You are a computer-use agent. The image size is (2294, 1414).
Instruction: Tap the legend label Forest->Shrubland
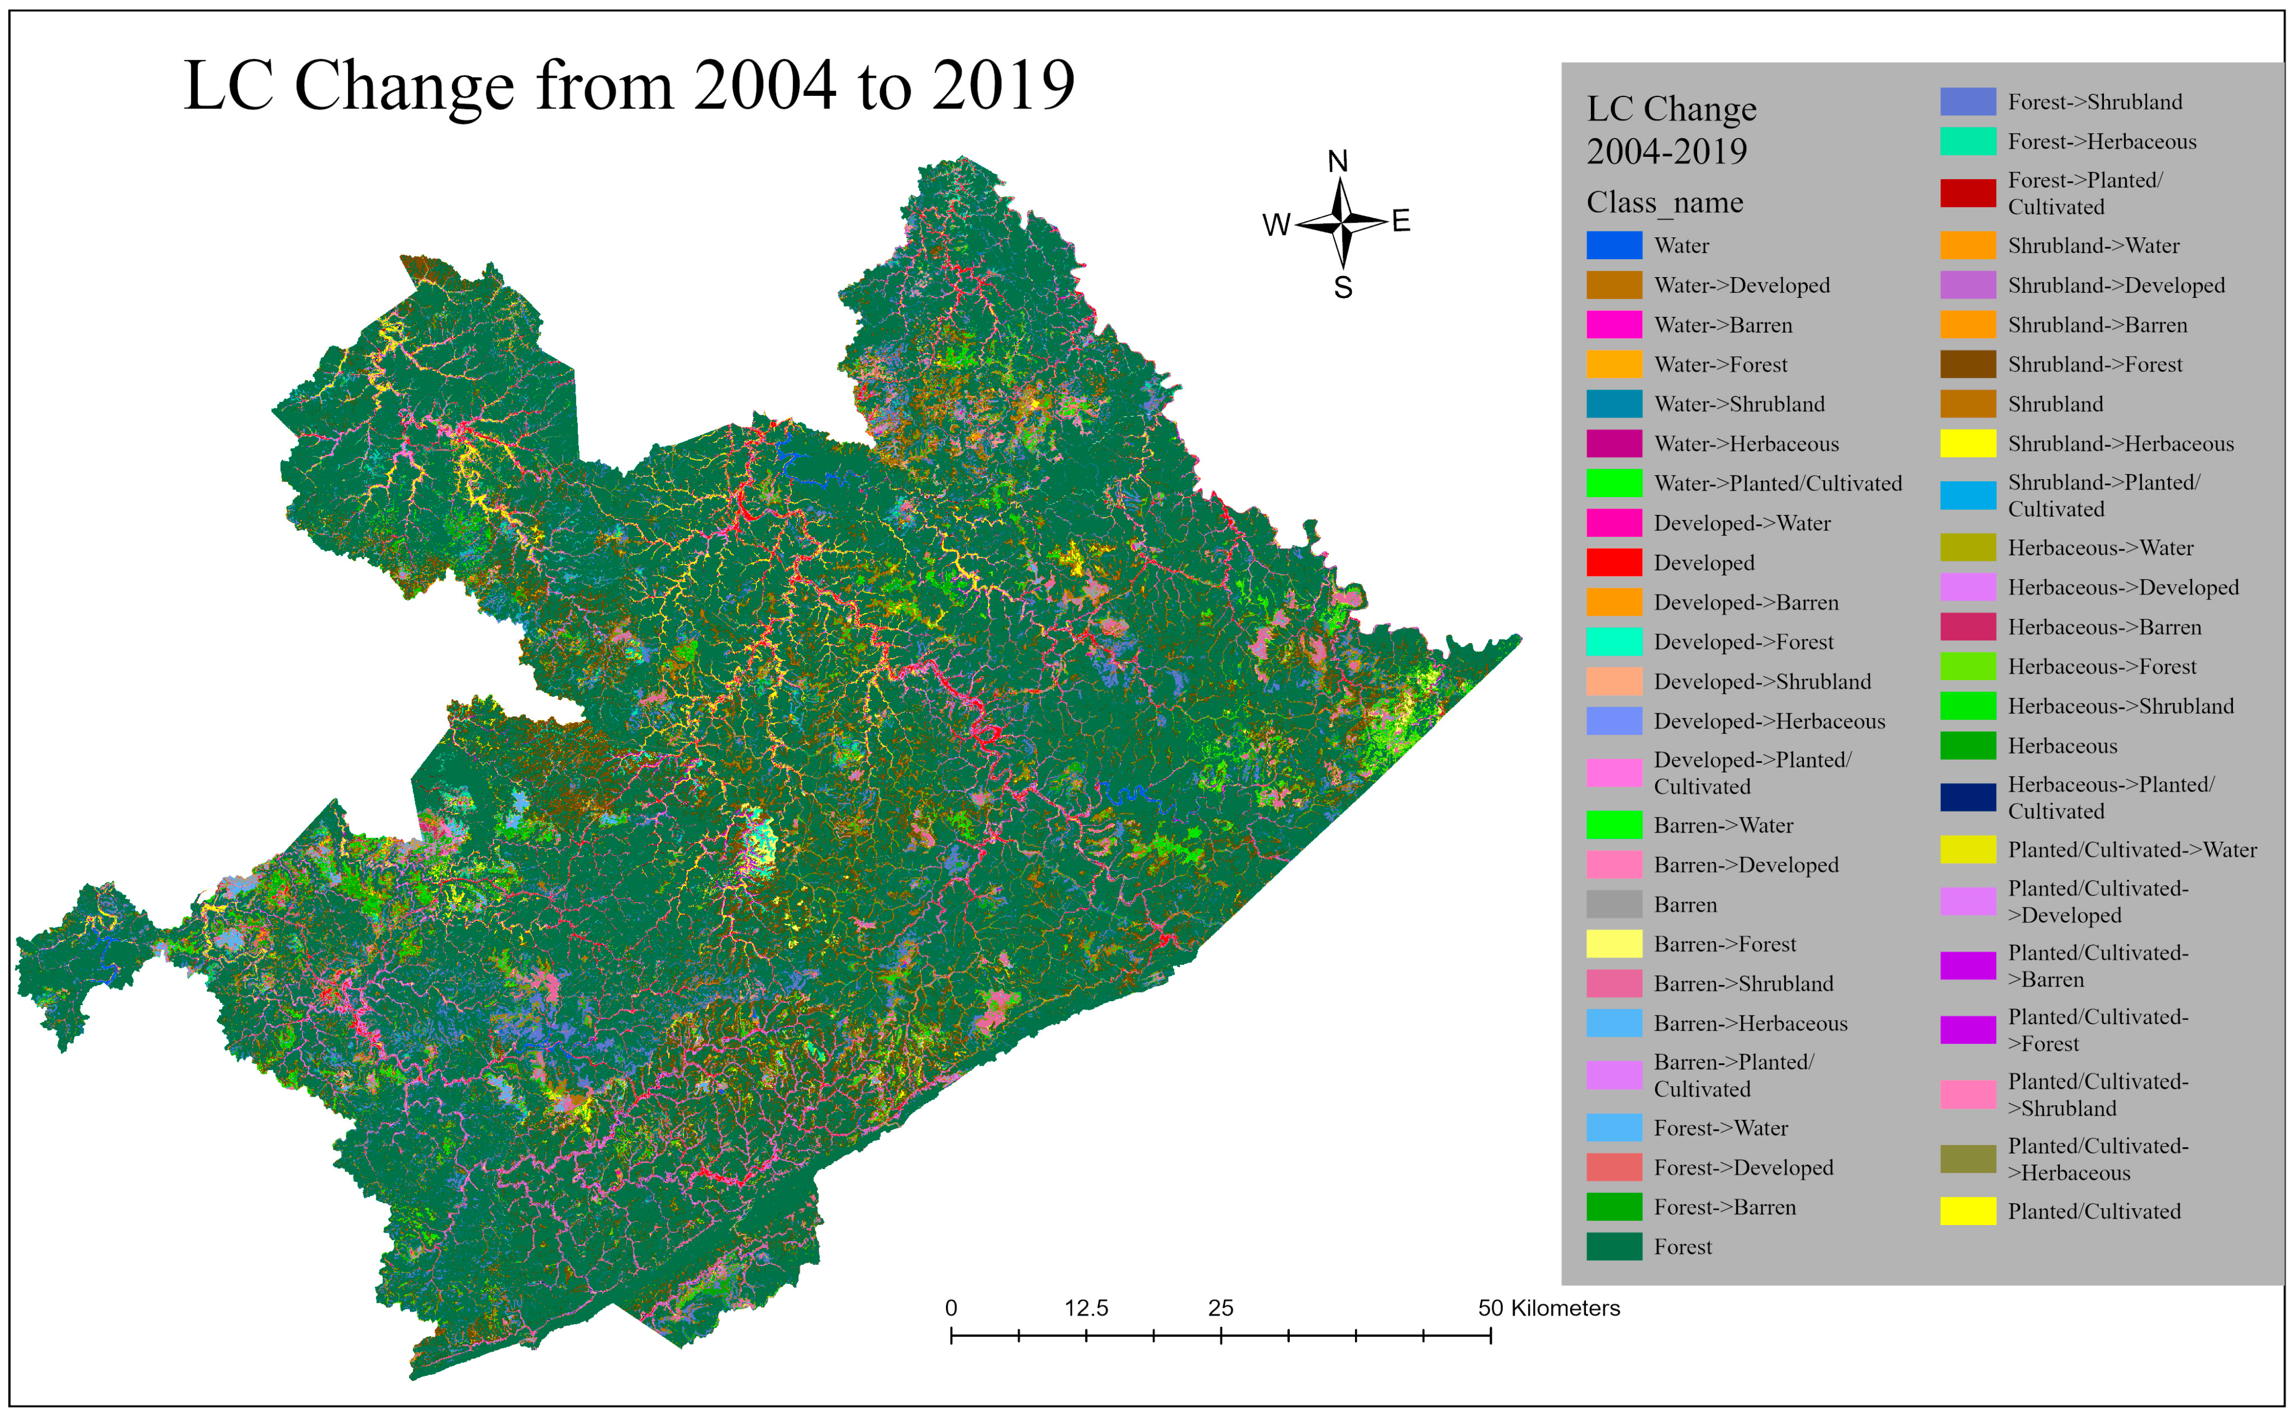pyautogui.click(x=2095, y=102)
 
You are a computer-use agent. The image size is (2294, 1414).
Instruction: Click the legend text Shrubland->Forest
pyautogui.click(x=2095, y=365)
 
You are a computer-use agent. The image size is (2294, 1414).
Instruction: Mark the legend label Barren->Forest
pyautogui.click(x=1724, y=945)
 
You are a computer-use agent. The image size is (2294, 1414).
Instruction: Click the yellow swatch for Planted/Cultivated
pyautogui.click(x=1968, y=1211)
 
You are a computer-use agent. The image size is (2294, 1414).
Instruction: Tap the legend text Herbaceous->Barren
pyautogui.click(x=2104, y=628)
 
